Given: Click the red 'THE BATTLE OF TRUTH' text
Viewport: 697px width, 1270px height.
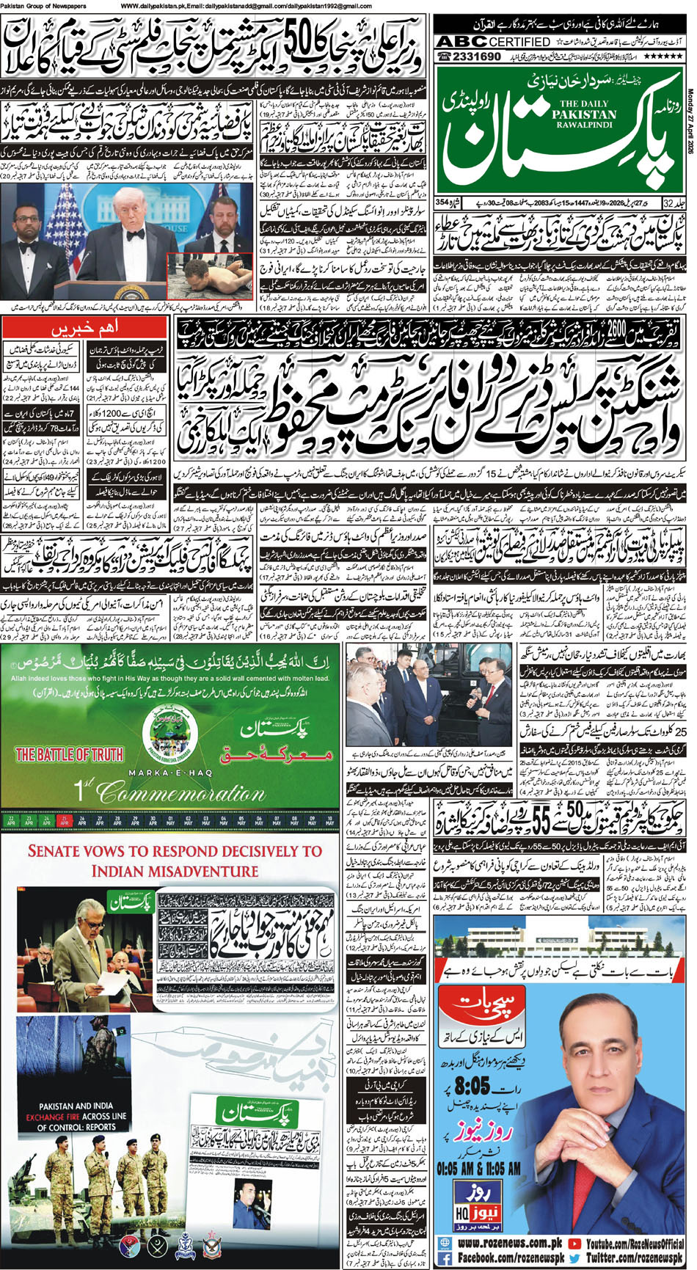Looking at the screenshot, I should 70,754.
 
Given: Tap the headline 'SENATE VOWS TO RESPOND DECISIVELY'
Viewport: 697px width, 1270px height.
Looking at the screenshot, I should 175,861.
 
